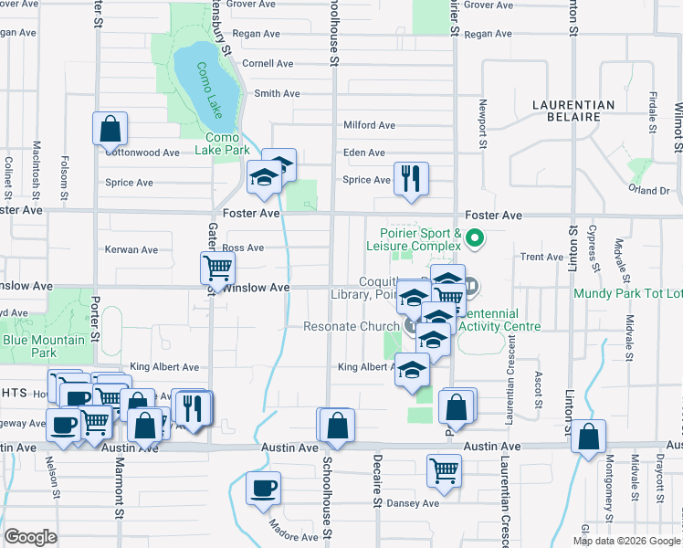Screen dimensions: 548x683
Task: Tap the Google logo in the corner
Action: coord(30,537)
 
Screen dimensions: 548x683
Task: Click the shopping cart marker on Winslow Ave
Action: coord(217,269)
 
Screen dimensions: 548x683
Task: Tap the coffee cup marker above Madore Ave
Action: coord(264,487)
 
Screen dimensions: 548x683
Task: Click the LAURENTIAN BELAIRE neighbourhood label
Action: coord(573,111)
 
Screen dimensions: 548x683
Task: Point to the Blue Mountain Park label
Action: coord(44,346)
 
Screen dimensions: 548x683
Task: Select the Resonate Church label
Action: coord(351,326)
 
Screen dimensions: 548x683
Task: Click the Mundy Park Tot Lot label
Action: coord(628,293)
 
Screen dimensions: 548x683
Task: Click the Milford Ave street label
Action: coord(369,125)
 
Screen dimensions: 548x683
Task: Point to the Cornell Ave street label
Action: coord(268,64)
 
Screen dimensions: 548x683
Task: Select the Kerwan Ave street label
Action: coord(132,249)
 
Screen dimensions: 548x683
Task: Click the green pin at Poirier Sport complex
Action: coord(474,240)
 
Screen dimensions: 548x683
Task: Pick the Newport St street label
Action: coord(482,124)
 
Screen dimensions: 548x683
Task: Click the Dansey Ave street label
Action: coord(414,503)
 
